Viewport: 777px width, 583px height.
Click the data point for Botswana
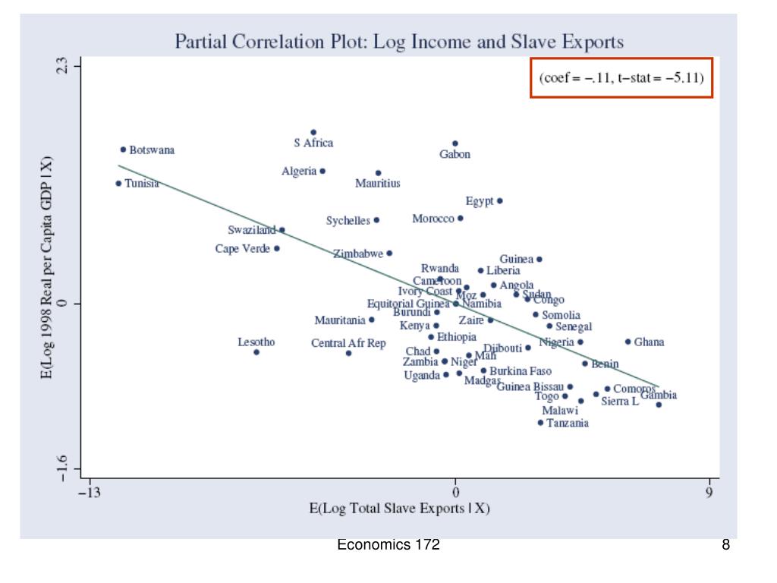click(123, 150)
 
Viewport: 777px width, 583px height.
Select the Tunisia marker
click(118, 183)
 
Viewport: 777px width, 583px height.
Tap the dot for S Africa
click(313, 132)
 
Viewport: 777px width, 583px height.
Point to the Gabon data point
click(455, 143)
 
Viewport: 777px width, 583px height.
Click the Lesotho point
click(256, 352)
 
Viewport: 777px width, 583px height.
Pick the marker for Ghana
click(628, 342)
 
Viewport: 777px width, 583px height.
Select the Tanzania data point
click(540, 423)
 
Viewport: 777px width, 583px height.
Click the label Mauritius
click(378, 184)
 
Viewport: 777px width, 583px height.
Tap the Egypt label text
click(480, 201)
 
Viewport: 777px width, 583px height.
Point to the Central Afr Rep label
click(348, 343)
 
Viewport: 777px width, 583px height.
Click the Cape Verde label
click(243, 249)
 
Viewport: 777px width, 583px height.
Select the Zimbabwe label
click(358, 254)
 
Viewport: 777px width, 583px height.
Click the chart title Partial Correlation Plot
click(400, 40)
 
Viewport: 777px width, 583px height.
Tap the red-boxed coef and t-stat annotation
click(621, 78)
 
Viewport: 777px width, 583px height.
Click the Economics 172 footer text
click(389, 544)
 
